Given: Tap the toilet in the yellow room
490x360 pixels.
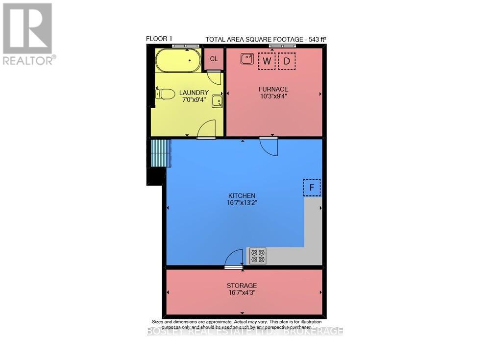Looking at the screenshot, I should [x=166, y=94].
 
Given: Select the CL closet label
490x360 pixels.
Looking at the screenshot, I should [x=214, y=59].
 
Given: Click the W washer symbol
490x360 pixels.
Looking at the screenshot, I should [x=267, y=61].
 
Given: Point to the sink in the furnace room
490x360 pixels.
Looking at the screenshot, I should [x=247, y=59].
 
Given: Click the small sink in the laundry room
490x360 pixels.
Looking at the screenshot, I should [x=217, y=101].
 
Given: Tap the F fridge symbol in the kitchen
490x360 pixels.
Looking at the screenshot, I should [x=312, y=188].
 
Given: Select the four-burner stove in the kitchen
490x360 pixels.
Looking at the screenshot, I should [x=258, y=256].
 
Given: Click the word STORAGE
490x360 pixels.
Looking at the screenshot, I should [x=242, y=286].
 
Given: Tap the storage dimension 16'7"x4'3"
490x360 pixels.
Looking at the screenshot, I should [x=242, y=293].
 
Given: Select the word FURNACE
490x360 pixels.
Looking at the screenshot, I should [x=273, y=89].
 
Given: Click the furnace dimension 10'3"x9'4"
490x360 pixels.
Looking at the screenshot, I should [x=273, y=96].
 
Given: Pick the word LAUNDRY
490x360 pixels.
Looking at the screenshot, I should [x=194, y=93].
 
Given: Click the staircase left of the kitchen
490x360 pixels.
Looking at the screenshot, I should [x=160, y=153].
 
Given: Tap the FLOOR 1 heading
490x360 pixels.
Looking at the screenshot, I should [x=159, y=39].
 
